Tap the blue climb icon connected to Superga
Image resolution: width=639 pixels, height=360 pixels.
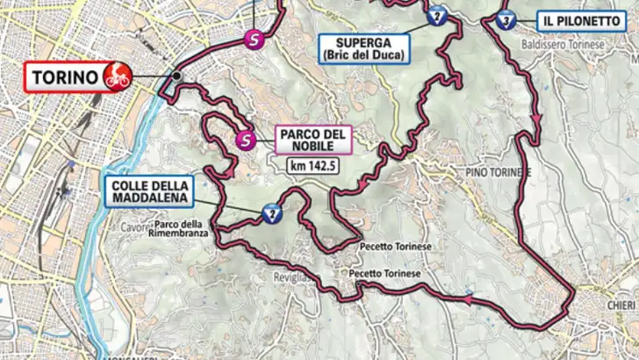coord(435,16)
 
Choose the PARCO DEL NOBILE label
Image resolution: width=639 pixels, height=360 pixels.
coord(314,140)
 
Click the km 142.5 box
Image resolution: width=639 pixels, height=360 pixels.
coord(313,163)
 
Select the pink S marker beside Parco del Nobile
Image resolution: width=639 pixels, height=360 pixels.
coord(248,139)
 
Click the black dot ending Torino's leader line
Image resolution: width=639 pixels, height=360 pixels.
coord(176,76)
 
